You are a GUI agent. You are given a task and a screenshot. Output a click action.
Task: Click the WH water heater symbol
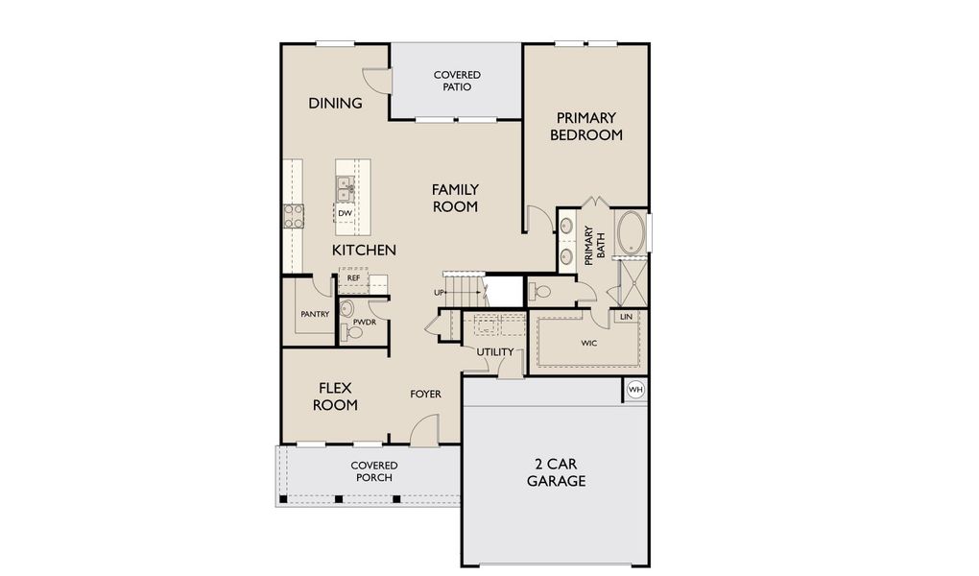[634, 390]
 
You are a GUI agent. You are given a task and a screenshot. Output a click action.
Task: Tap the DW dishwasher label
[344, 213]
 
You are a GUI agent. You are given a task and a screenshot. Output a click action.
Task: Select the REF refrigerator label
[353, 278]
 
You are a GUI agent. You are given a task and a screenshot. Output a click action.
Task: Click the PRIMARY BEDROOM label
[585, 127]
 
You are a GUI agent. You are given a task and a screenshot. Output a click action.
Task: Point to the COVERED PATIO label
[457, 81]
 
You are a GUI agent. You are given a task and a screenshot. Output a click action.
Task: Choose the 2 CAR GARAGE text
[556, 472]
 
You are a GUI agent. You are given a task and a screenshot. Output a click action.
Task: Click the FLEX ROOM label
[335, 396]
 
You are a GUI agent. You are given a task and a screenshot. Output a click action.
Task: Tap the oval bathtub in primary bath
[631, 233]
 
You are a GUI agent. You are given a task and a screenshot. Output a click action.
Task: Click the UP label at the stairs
[439, 292]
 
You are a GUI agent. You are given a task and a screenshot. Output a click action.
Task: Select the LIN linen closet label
[626, 316]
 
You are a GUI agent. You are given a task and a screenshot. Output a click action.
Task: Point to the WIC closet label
[589, 343]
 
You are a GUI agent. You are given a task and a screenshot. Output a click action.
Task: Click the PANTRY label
[315, 314]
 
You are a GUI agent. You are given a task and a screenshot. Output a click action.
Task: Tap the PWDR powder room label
[364, 323]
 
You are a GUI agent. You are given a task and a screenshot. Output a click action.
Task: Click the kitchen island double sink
[344, 187]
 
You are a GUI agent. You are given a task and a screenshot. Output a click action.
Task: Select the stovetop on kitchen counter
[293, 216]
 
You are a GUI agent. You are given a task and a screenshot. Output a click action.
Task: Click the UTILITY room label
[495, 351]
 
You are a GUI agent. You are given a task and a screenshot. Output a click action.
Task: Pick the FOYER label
[425, 394]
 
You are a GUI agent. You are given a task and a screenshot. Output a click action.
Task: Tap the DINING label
[335, 104]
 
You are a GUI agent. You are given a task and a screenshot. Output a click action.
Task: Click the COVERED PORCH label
[373, 471]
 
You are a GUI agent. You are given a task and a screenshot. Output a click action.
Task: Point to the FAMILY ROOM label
[455, 198]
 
